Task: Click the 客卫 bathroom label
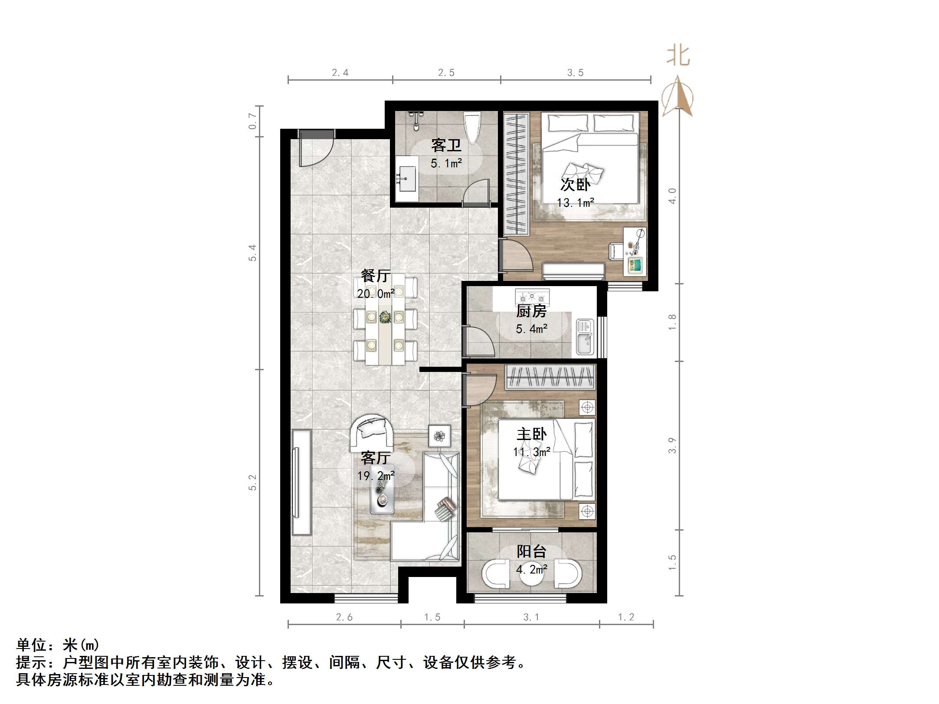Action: click(446, 146)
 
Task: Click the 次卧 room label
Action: click(575, 185)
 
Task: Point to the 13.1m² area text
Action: click(575, 202)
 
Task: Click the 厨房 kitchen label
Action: click(531, 311)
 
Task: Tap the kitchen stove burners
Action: click(532, 298)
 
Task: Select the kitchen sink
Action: click(585, 337)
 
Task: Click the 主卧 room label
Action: click(531, 434)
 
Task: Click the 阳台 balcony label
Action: click(531, 551)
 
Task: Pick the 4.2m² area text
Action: click(531, 569)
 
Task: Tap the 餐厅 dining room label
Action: click(376, 276)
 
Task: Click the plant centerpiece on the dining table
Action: click(384, 317)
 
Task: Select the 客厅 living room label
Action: click(376, 458)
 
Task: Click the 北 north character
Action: click(678, 56)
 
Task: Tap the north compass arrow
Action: click(678, 96)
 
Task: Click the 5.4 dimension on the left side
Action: click(252, 253)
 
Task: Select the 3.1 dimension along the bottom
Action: click(531, 617)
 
